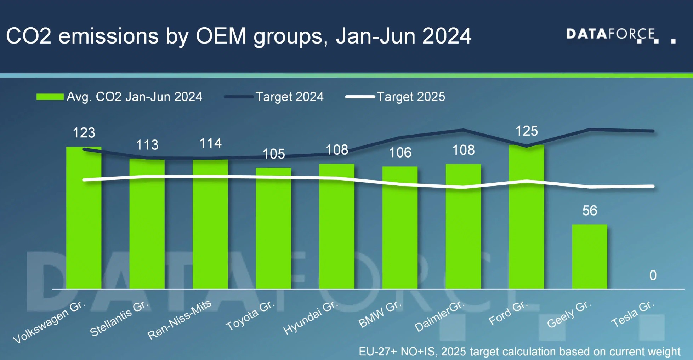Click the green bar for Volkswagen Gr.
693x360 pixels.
point(84,218)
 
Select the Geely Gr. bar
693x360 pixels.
point(590,257)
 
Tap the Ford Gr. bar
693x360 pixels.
point(526,217)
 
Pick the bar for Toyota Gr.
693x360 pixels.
point(273,228)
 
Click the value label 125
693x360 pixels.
point(527,131)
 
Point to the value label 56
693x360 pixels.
point(590,211)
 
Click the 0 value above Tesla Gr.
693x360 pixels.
point(653,275)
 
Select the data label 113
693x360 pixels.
point(147,145)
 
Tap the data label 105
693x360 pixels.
point(273,154)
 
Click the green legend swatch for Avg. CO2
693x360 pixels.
point(50,97)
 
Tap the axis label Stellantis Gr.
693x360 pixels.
point(119,319)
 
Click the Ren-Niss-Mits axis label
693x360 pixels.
point(179,320)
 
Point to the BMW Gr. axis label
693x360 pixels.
point(380,314)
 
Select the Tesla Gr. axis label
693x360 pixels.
point(633,314)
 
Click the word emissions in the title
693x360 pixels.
point(108,36)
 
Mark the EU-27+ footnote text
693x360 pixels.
point(519,352)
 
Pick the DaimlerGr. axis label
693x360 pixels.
point(439,316)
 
